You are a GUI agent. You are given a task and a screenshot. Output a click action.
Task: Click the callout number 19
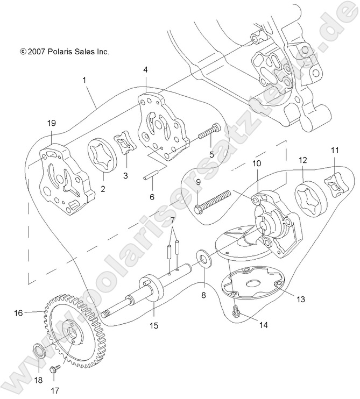click(x=51, y=123)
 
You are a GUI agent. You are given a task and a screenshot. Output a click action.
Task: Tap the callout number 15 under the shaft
click(x=154, y=325)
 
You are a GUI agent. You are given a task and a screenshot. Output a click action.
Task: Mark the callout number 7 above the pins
click(x=173, y=221)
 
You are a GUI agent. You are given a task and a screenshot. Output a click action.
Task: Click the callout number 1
click(x=84, y=80)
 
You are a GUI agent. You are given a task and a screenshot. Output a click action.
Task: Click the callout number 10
click(x=257, y=162)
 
